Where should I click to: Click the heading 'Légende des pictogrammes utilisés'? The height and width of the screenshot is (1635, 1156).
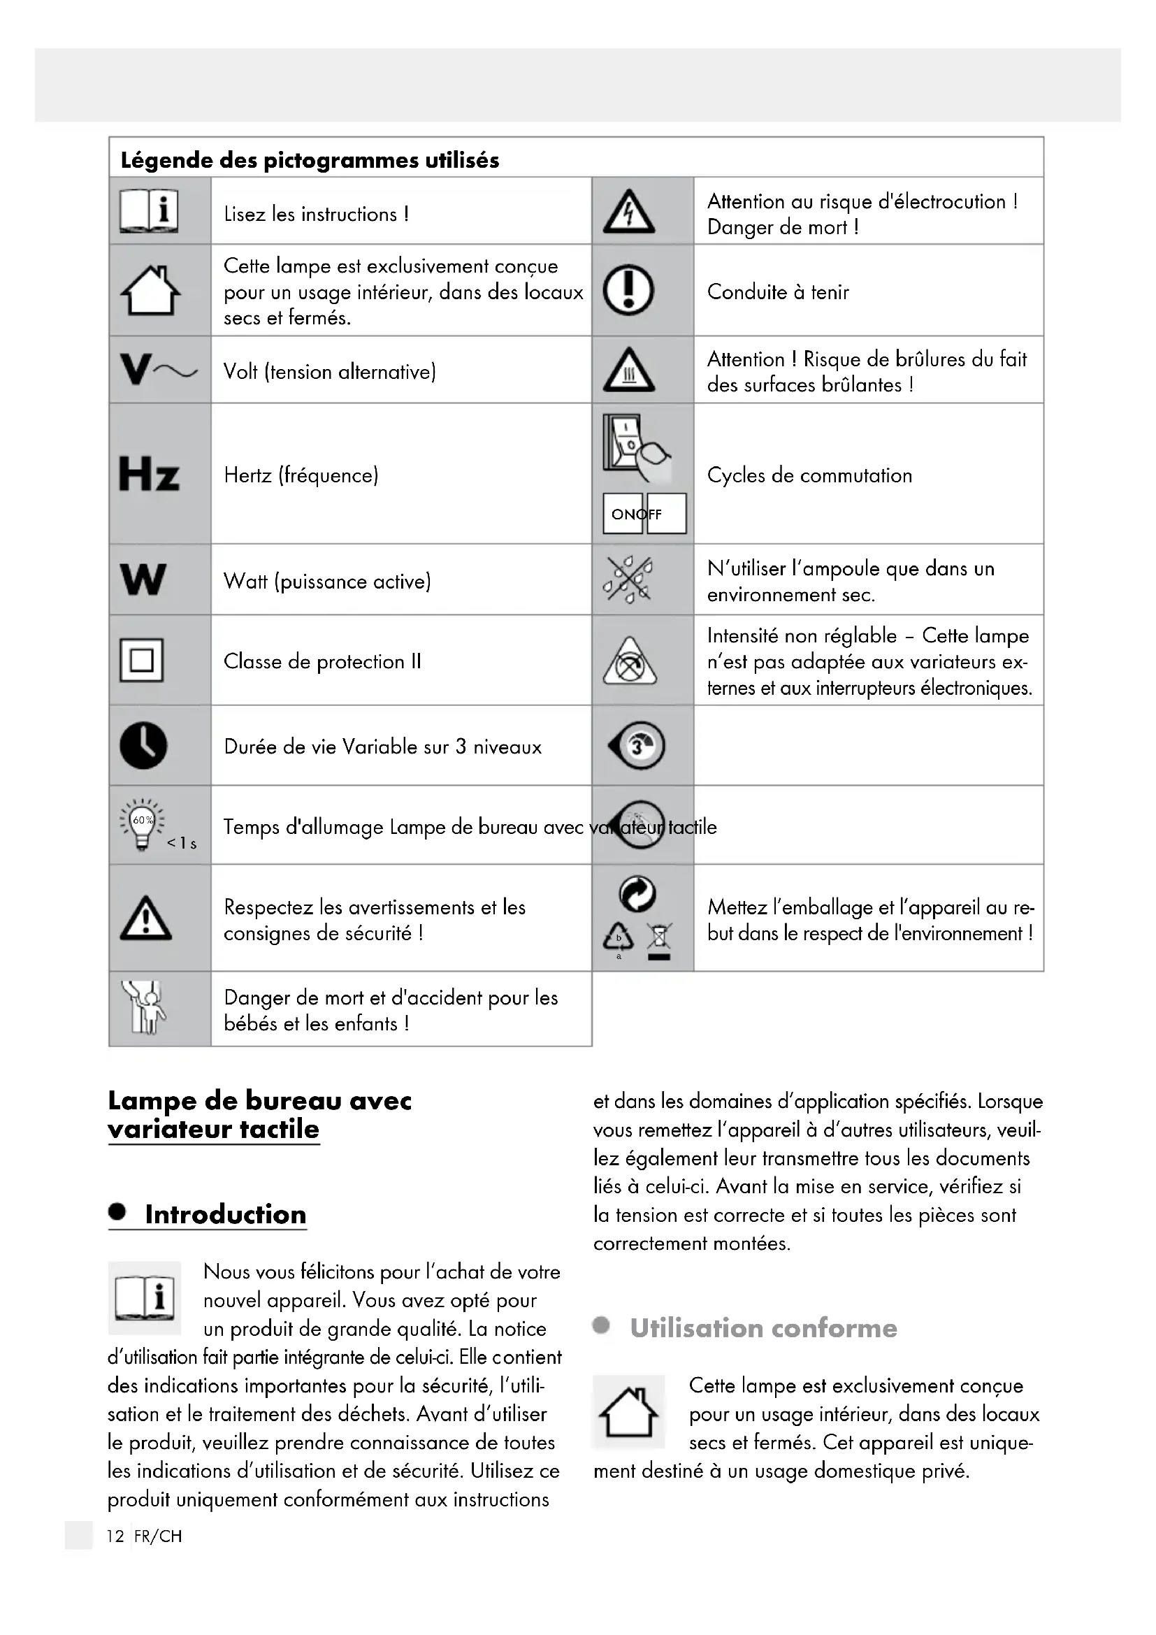(310, 160)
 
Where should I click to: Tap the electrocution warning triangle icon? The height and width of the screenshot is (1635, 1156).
(628, 213)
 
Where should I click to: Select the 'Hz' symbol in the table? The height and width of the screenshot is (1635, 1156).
(149, 474)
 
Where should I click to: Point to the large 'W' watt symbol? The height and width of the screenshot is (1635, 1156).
(144, 579)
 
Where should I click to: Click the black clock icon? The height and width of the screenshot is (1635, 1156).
(144, 746)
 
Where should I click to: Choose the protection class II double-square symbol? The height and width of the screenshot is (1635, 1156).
(142, 661)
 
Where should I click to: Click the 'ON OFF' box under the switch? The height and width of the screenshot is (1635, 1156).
(644, 514)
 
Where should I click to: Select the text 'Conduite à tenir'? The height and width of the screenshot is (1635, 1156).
(778, 292)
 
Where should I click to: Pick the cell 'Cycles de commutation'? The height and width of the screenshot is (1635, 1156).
(809, 476)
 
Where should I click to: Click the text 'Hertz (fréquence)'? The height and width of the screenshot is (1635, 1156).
(301, 476)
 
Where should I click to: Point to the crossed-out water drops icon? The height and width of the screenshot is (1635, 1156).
(628, 579)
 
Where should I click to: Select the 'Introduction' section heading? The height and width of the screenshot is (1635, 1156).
(225, 1215)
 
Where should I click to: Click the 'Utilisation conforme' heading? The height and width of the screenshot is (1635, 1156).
(763, 1328)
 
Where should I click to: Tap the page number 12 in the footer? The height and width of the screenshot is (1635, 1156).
(115, 1536)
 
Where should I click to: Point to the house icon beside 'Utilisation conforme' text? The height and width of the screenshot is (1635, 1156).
(628, 1412)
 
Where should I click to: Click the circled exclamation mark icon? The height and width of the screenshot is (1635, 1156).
(628, 290)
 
